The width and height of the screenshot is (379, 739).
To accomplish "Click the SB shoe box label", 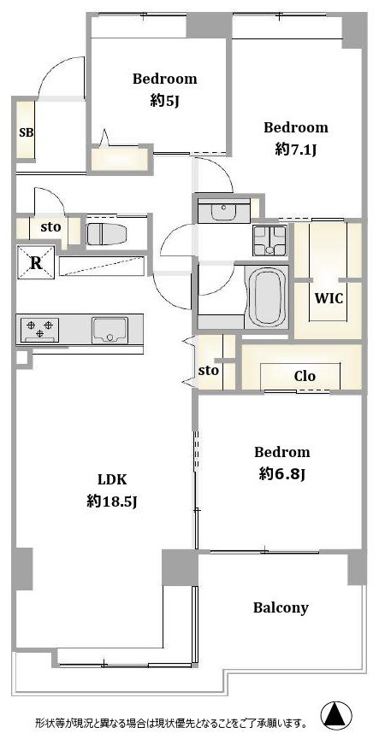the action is click(x=26, y=132).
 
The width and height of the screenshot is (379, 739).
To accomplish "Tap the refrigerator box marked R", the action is click(x=36, y=263).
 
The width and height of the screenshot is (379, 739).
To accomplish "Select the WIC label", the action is click(x=329, y=298).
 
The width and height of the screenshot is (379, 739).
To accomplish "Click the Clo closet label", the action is click(x=305, y=376).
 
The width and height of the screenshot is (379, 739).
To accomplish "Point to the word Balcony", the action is click(x=281, y=608).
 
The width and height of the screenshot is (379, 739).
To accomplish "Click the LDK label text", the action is click(x=111, y=480).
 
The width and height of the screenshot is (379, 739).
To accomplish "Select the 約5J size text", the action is click(x=164, y=101).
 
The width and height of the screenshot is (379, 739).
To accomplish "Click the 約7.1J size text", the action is click(x=295, y=150).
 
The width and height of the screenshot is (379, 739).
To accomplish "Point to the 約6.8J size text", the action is click(x=282, y=473).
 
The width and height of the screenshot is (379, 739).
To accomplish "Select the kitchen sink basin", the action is click(x=110, y=330).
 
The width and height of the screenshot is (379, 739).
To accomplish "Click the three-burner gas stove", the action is click(x=39, y=329).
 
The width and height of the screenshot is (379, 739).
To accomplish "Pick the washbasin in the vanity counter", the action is click(x=223, y=213).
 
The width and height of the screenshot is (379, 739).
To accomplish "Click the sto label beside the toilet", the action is click(x=50, y=227).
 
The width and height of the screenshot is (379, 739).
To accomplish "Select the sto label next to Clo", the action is click(x=208, y=371).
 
